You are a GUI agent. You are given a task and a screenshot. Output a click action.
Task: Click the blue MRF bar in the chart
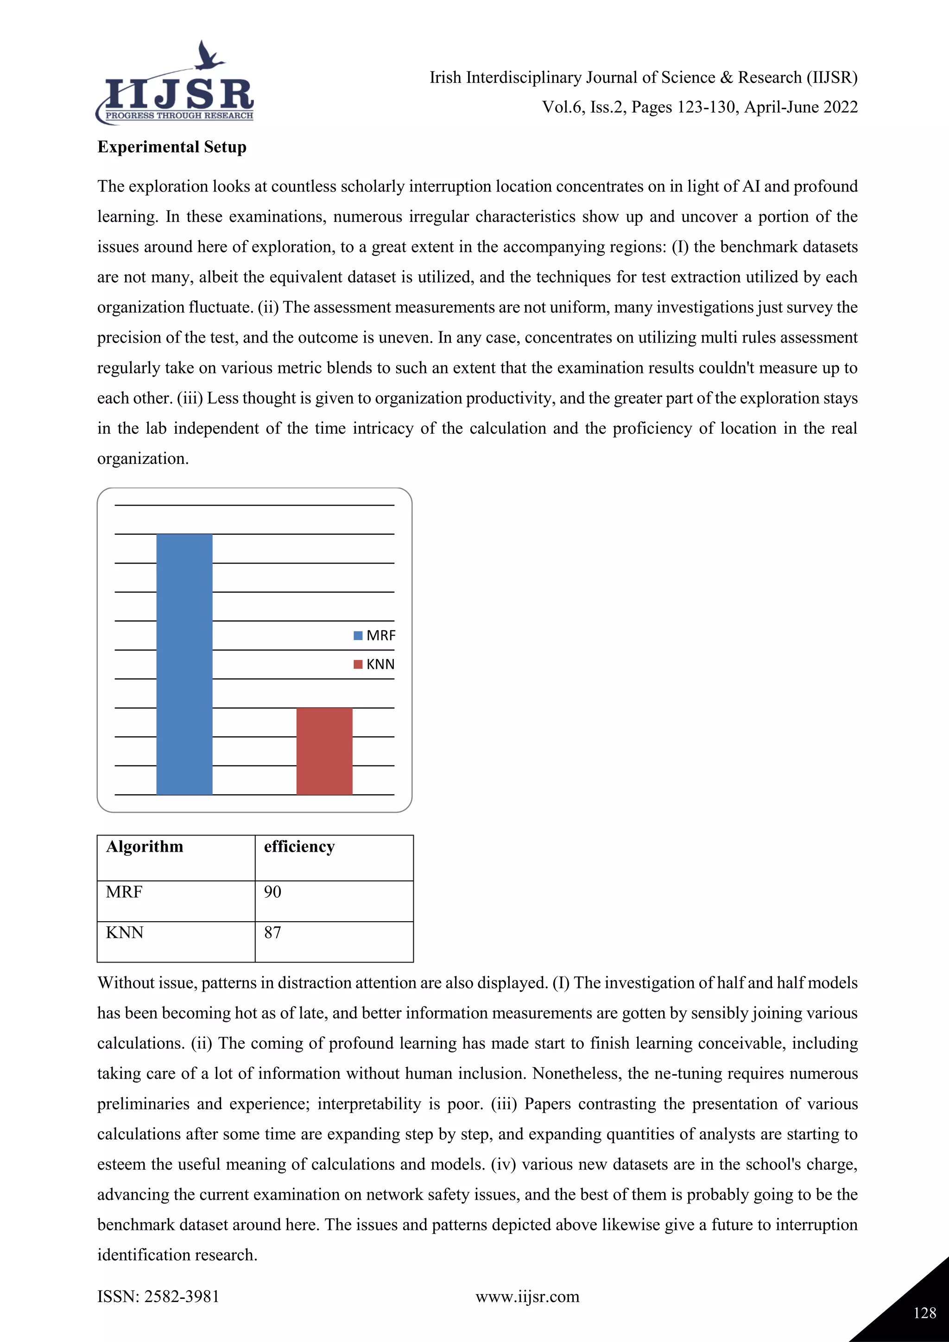click(184, 664)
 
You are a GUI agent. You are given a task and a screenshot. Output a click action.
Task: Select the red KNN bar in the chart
click(324, 751)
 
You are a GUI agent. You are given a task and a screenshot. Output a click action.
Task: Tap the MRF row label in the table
click(124, 892)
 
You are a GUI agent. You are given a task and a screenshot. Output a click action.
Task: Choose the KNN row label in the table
click(125, 932)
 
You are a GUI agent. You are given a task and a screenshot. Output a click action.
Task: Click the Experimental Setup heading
click(172, 147)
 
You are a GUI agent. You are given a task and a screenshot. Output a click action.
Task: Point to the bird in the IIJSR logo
click(209, 56)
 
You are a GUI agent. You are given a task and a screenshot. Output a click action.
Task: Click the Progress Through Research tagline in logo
click(179, 116)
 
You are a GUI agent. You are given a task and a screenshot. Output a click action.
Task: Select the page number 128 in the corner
click(924, 1313)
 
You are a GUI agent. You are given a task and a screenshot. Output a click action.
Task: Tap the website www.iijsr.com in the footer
click(527, 1297)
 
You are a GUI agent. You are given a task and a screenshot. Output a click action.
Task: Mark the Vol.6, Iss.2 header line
click(700, 108)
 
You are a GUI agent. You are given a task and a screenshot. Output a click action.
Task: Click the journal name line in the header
click(643, 78)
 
